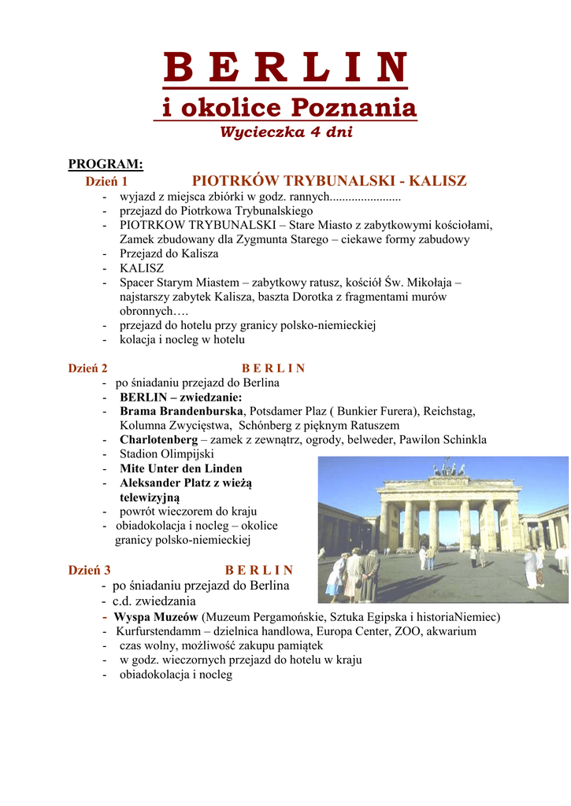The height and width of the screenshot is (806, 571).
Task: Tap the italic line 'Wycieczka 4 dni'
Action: click(x=286, y=131)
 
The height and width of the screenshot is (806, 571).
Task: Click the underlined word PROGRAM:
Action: click(x=106, y=164)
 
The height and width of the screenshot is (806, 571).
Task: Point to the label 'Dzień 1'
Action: click(x=106, y=182)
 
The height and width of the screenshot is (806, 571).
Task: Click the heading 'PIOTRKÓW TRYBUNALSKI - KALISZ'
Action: click(x=329, y=181)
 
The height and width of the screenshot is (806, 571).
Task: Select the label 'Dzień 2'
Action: click(x=88, y=368)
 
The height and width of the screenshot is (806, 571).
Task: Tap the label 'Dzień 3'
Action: click(x=89, y=570)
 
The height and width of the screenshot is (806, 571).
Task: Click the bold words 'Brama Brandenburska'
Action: click(x=183, y=411)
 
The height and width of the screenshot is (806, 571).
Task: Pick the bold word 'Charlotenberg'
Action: click(x=158, y=439)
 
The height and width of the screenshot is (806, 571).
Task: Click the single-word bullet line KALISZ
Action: click(x=142, y=268)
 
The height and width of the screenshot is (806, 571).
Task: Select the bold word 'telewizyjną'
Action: click(x=150, y=497)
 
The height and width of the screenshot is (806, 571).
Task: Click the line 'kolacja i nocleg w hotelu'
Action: click(x=182, y=340)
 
